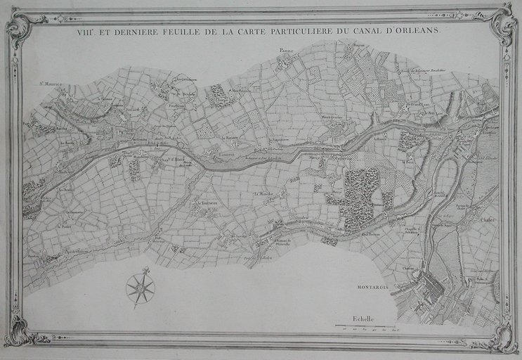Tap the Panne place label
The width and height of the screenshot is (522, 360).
[x=285, y=51]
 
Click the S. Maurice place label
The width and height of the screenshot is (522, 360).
[x=51, y=84]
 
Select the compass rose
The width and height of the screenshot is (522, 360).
[x=140, y=289]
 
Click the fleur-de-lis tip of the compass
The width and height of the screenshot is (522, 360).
[x=146, y=270]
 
